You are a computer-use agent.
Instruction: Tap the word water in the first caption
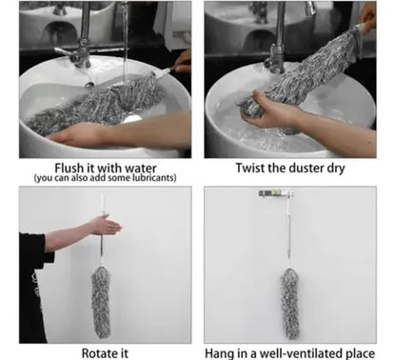coord(141,168)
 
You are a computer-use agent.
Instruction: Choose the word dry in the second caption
coord(336,169)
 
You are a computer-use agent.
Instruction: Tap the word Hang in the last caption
coord(218,353)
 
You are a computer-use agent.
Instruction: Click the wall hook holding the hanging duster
coord(275,193)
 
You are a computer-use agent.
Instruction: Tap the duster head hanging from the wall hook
coord(289,303)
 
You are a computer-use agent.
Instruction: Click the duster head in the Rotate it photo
coord(101,302)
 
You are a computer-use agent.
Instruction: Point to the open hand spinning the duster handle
coord(104,225)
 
